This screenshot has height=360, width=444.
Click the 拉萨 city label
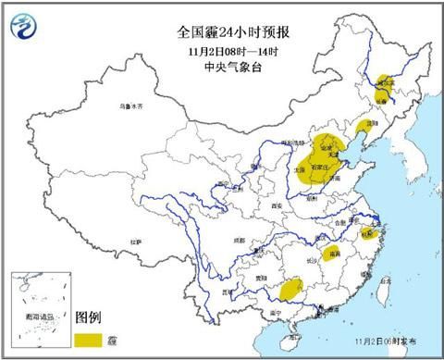coord(136,242)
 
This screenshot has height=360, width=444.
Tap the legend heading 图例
coord(89,317)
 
